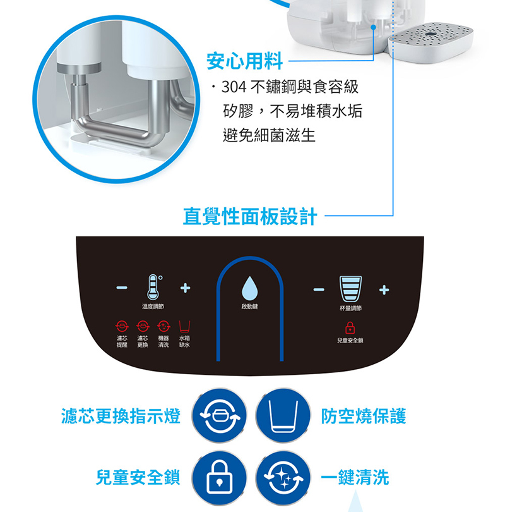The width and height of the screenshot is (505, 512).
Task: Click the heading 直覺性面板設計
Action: (250, 217)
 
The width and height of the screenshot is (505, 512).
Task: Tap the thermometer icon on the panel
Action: (152, 288)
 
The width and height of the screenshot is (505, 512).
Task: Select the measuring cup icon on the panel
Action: (350, 288)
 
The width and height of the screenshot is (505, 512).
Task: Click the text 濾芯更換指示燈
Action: (121, 416)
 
